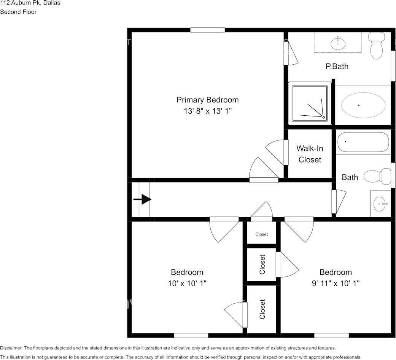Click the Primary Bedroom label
[207, 100]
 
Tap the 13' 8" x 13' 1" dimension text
[207, 112]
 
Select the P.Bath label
[337, 66]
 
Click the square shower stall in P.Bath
[310, 103]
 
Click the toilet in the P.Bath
[377, 46]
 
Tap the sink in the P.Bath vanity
[337, 43]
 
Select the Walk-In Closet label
[310, 154]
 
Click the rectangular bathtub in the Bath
[363, 142]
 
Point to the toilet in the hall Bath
[377, 176]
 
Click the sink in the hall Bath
[380, 204]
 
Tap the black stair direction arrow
[143, 199]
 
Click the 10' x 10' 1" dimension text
[187, 284]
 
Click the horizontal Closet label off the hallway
[261, 234]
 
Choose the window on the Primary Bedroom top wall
[207, 30]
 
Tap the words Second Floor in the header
[18, 12]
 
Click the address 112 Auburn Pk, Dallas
[30, 3]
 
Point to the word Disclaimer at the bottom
[11, 348]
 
